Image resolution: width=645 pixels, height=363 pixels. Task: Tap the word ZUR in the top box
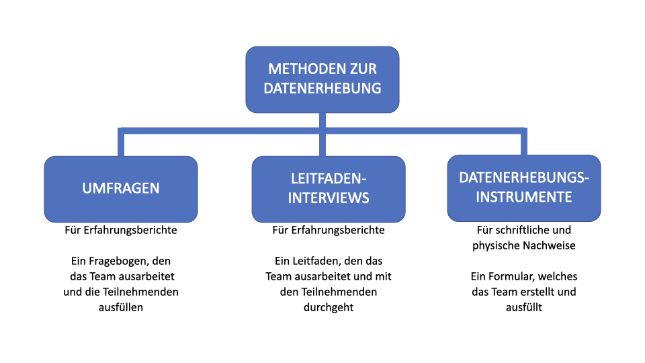coord(363,69)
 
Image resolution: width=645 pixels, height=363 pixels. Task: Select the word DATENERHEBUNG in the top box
coord(322,88)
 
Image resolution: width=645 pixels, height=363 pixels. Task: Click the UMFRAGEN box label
coord(121,188)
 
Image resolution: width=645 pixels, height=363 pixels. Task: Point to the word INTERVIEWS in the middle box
coord(329,198)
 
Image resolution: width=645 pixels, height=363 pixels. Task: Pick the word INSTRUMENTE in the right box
coord(524,197)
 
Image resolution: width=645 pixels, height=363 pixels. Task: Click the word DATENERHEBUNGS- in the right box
coord(524,177)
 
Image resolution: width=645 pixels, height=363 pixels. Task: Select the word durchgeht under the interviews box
coord(329,307)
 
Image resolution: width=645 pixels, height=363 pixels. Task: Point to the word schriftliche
coord(519,230)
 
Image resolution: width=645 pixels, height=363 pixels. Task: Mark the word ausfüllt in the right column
coord(524,307)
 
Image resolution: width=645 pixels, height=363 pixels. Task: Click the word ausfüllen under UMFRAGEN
coord(121,307)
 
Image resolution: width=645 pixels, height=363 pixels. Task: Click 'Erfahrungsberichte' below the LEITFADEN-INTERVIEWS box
coord(338,230)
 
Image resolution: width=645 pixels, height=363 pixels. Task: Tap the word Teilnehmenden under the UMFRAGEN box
coord(140,292)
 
